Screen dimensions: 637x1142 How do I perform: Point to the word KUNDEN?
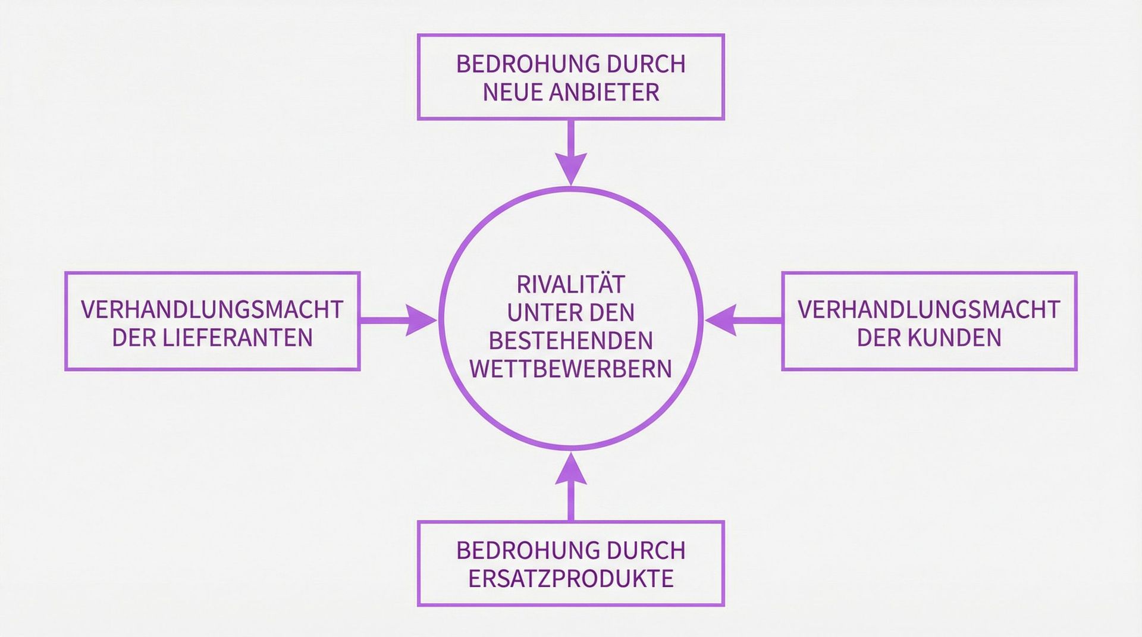(x=955, y=338)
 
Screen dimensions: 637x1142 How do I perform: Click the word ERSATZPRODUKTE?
(x=571, y=579)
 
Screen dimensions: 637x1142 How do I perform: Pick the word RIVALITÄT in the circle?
(x=571, y=284)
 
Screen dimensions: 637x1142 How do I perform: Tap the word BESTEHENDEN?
(x=571, y=341)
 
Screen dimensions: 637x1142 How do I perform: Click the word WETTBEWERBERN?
(x=571, y=369)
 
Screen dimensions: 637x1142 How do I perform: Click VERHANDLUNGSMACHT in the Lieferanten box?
(x=212, y=309)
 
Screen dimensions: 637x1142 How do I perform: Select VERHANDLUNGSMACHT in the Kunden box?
(x=929, y=309)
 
